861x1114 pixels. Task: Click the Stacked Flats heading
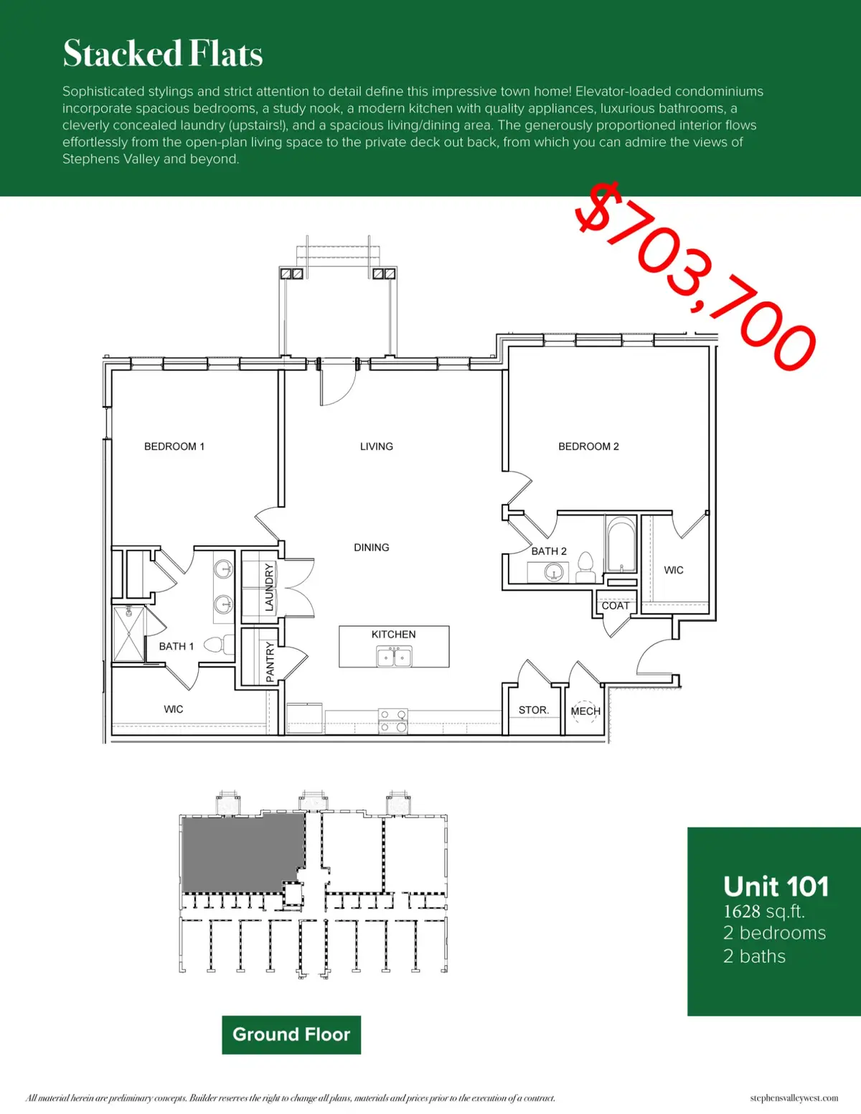pos(163,54)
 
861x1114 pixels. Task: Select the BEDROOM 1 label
pos(174,446)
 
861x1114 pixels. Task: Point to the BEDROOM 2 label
pos(588,446)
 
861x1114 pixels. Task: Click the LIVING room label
pos(377,446)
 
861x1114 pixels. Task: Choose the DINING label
pos(372,548)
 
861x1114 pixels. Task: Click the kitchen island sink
pos(394,656)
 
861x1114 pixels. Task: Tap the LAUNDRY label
pos(269,587)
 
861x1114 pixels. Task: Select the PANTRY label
pos(270,662)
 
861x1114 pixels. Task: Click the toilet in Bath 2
pos(585,567)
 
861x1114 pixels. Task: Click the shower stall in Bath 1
pos(129,635)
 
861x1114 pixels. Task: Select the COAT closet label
pos(616,606)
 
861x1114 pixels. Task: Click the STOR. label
pos(534,710)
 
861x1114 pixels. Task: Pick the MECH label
pos(585,711)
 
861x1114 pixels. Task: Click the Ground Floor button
pos(291,1034)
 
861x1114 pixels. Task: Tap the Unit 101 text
pos(776,886)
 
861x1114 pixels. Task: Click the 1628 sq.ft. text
pos(764,912)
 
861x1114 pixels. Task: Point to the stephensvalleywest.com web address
pos(794,1098)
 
